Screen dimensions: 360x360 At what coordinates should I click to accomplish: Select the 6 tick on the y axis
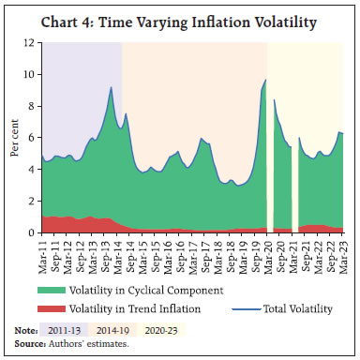point(32,138)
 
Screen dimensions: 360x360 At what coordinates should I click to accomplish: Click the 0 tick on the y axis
point(32,232)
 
